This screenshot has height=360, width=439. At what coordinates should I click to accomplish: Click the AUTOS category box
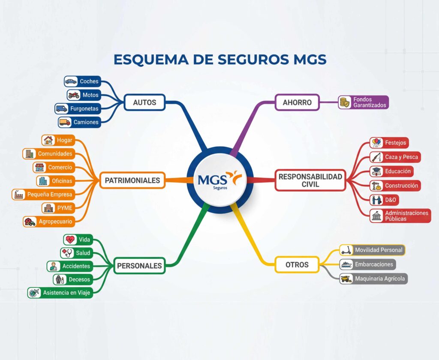coord(144,102)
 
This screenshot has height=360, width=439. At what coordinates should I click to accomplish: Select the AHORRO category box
coord(297,102)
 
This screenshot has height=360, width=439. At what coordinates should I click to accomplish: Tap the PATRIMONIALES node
coord(132,180)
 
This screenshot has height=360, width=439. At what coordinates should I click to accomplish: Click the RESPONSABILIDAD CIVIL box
coord(310,180)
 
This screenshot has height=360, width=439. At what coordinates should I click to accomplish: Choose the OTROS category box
coord(297,264)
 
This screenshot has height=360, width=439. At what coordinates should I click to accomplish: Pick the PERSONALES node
coord(139,265)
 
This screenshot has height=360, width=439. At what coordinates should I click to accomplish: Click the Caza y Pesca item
coord(401,157)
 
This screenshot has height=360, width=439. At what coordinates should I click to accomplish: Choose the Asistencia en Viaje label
coord(67,293)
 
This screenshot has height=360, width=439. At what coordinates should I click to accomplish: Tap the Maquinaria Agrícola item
coord(379,279)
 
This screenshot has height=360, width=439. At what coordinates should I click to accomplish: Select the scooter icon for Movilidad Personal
coord(346,250)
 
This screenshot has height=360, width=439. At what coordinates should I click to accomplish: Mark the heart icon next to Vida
coord(70,239)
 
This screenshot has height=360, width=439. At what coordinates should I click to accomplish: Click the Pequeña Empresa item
coord(50,194)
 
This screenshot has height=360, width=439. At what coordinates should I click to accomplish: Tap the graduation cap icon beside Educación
coord(376,171)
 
